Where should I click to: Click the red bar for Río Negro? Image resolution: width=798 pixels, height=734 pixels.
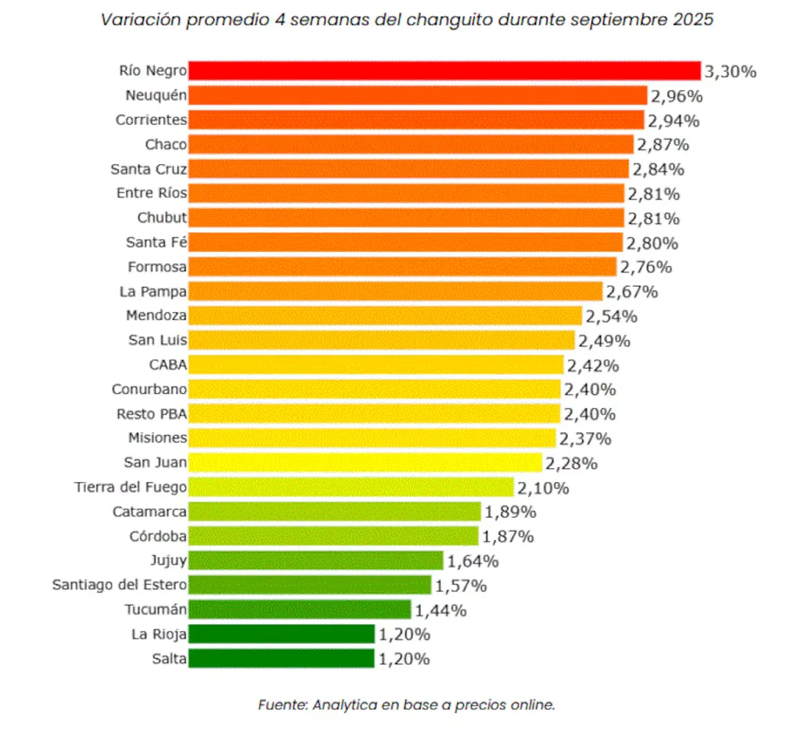(444, 71)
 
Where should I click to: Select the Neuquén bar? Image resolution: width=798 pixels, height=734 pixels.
(417, 96)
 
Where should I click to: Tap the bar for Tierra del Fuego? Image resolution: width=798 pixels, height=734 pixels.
(351, 487)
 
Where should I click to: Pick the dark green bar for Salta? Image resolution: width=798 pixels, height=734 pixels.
(281, 659)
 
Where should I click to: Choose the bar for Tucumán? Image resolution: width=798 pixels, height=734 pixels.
(299, 610)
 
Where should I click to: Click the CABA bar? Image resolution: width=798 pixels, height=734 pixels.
(375, 365)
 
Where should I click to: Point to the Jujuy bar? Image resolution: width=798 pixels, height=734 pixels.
(315, 561)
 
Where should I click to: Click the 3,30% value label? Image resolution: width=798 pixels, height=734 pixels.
(730, 71)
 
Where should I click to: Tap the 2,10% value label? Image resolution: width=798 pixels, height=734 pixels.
(543, 488)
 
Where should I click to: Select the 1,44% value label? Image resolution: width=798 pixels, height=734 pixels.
(441, 611)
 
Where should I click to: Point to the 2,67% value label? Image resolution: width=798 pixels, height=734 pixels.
(632, 292)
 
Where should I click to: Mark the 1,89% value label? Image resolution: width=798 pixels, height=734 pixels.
(510, 512)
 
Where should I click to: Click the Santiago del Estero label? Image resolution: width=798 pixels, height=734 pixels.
(119, 585)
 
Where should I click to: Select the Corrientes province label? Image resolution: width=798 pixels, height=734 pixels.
(151, 120)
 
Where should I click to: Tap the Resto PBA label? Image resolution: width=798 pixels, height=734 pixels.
(151, 414)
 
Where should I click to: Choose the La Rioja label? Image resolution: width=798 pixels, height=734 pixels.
(159, 634)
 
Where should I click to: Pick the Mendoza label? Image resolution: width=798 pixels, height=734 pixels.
(156, 316)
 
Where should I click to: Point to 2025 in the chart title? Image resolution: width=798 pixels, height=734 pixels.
(692, 19)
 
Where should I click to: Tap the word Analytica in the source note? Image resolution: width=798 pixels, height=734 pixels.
(344, 705)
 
